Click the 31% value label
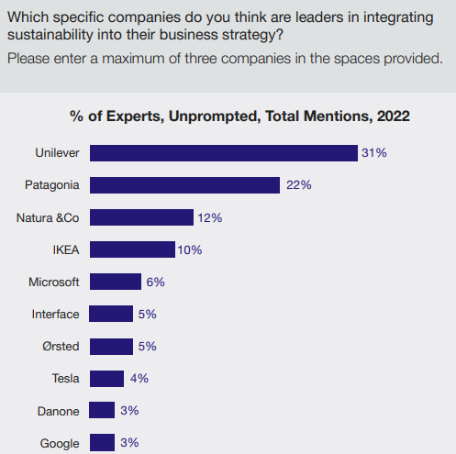click(x=374, y=153)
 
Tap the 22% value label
click(x=299, y=185)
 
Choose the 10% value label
click(x=190, y=249)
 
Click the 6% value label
click(x=155, y=282)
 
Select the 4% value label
click(x=138, y=378)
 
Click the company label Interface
click(x=55, y=314)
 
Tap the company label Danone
click(x=60, y=410)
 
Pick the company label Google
click(x=60, y=443)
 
